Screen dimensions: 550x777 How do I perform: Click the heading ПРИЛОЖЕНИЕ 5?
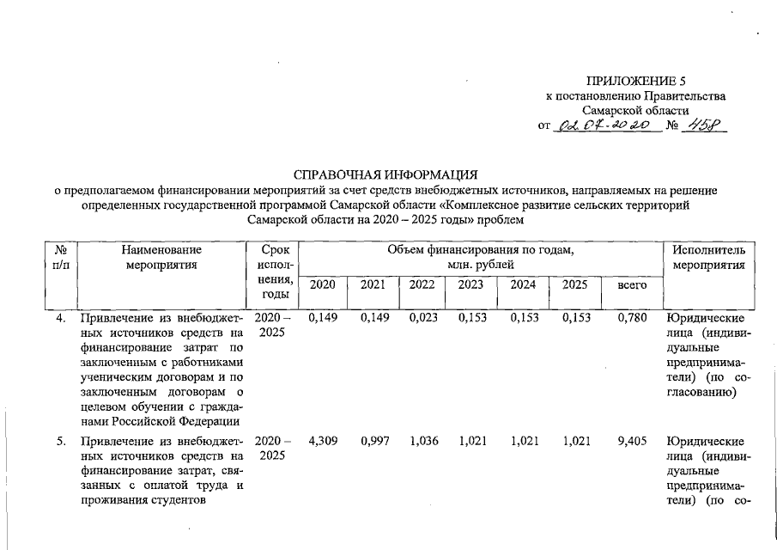[x=636, y=81]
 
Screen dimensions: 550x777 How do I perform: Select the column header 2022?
[x=422, y=284]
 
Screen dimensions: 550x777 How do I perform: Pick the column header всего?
[x=632, y=284]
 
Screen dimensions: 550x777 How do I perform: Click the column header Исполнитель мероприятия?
[x=708, y=257]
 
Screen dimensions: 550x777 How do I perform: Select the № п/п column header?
[x=60, y=257]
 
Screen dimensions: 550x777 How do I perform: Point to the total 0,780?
[x=632, y=318]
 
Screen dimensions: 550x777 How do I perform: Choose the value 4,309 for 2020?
[x=322, y=442]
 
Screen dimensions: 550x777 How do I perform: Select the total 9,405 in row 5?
[x=632, y=442]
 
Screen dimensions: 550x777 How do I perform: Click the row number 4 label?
[x=61, y=319]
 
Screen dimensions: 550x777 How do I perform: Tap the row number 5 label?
[x=61, y=443]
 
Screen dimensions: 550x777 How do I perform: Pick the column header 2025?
[x=574, y=284]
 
